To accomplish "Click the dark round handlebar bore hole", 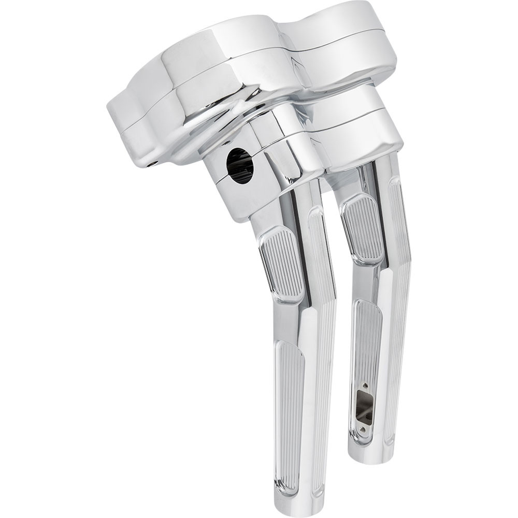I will (x=240, y=166).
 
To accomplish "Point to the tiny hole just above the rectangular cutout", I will (x=366, y=385).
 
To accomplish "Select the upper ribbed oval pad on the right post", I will (x=362, y=228).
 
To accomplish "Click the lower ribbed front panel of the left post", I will (x=291, y=404).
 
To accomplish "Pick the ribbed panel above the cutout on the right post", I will (x=367, y=337).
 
